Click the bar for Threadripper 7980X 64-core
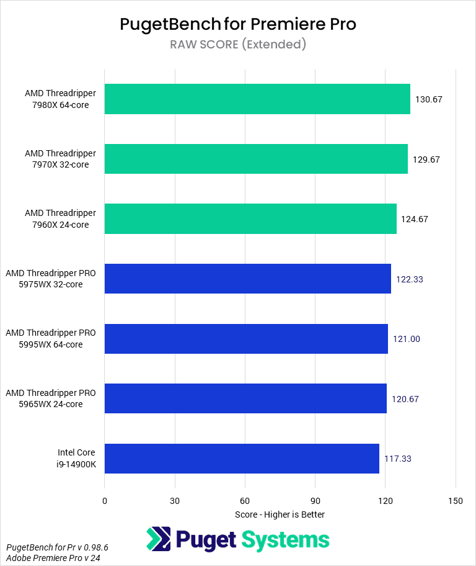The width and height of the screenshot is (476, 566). tap(257, 99)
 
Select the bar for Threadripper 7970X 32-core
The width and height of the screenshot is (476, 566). tap(256, 159)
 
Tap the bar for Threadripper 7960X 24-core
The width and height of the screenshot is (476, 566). tap(250, 219)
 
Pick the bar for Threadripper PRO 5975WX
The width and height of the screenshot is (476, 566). tap(248, 279)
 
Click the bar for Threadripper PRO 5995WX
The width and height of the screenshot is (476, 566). tap(246, 339)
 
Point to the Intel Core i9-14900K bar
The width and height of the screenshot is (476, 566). tap(242, 459)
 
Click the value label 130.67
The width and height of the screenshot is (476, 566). tap(428, 99)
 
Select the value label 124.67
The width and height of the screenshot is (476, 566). tap(415, 219)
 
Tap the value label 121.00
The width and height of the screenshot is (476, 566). tap(406, 339)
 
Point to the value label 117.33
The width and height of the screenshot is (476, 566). tap(397, 459)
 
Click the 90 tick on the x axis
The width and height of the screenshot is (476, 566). tap(315, 501)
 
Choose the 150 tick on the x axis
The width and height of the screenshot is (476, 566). tap(456, 501)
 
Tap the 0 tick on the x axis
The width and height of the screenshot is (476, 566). tap(105, 501)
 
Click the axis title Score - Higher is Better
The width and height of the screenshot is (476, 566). tap(280, 514)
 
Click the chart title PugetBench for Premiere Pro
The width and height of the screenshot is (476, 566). tap(238, 24)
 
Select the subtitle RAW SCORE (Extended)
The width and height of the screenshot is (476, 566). tap(238, 44)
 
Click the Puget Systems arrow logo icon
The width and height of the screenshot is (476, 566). tap(158, 539)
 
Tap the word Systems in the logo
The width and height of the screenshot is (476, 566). tap(286, 539)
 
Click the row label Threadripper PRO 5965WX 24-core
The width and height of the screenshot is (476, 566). tap(51, 398)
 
